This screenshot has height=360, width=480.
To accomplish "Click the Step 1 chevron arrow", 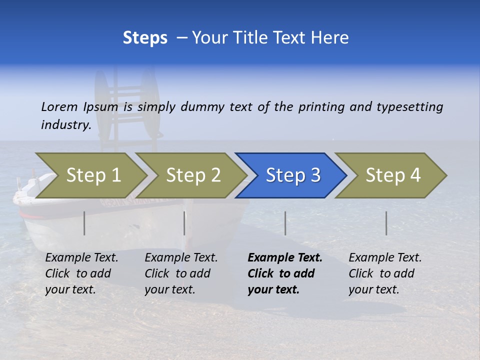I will point(92,175).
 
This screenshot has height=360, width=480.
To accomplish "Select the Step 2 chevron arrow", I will point(192,175).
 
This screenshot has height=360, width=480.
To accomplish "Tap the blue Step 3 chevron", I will point(292,175).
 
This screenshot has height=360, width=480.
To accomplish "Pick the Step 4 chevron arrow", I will point(392,175).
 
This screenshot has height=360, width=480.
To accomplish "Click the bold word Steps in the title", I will point(145,38).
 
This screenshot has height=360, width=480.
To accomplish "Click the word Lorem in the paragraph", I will point(59,107).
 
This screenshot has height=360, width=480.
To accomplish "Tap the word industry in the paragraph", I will point(65,125).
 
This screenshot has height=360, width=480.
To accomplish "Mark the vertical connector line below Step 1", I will point(84,223).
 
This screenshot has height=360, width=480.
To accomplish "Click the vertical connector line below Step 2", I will point(184,223).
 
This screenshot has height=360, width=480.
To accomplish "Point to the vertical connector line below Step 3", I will point(285,223).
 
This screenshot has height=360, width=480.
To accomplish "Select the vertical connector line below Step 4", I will point(386,223).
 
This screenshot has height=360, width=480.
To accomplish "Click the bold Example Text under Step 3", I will point(285,258).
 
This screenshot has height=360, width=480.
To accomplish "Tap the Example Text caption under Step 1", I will point(81,258).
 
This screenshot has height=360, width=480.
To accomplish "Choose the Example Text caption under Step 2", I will point(181,258).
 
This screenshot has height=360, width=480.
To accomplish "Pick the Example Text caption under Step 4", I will point(385,258).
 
